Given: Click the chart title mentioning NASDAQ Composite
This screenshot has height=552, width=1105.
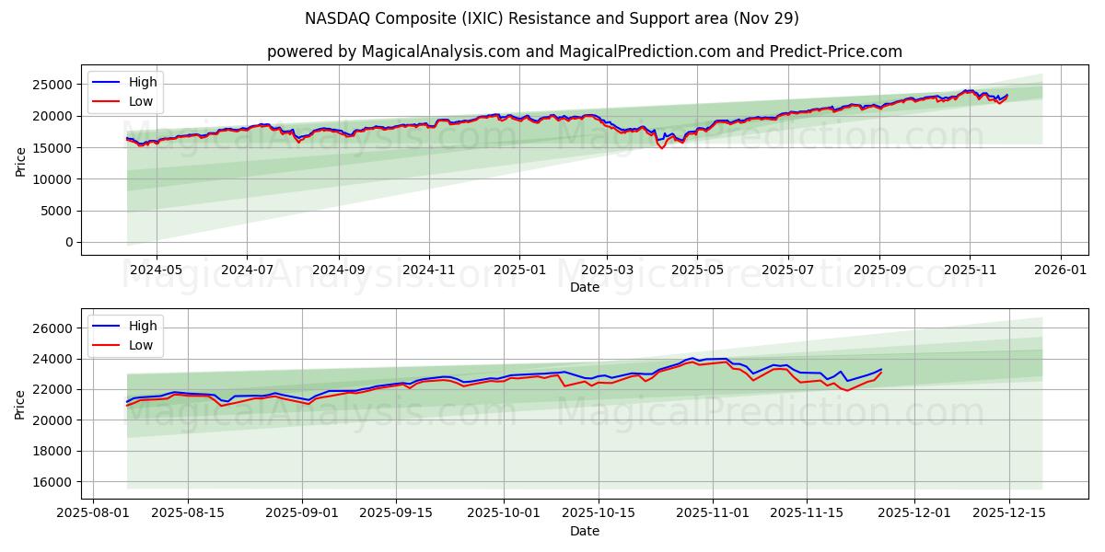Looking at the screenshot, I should pyautogui.click(x=552, y=18).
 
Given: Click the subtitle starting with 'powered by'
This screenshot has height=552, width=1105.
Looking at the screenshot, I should pyautogui.click(x=584, y=52).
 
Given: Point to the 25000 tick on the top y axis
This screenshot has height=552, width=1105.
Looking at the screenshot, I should pyautogui.click(x=53, y=85).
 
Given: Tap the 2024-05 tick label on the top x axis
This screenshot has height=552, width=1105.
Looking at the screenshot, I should pyautogui.click(x=156, y=270).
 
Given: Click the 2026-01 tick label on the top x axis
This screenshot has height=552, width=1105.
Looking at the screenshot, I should pyautogui.click(x=1061, y=270).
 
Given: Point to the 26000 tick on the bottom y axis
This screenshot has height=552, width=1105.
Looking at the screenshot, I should pyautogui.click(x=53, y=328).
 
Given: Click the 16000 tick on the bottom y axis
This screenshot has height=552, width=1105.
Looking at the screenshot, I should pyautogui.click(x=53, y=482).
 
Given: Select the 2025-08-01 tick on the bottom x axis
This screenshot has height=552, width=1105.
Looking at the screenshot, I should pyautogui.click(x=92, y=513).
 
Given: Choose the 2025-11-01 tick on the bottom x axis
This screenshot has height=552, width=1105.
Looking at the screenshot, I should pyautogui.click(x=712, y=513).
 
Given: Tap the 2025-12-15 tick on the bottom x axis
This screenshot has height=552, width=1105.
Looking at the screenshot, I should pyautogui.click(x=1008, y=513).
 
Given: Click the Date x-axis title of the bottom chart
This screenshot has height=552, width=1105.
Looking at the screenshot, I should pyautogui.click(x=584, y=531).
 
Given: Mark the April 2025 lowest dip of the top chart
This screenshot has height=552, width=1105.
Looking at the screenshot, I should pyautogui.click(x=661, y=148).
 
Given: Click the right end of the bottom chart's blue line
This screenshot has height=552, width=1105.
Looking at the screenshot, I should pyautogui.click(x=881, y=370).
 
